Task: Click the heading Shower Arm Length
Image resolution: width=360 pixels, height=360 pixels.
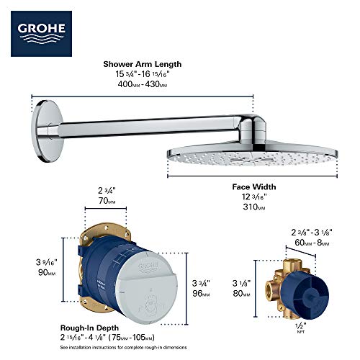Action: click(x=141, y=64)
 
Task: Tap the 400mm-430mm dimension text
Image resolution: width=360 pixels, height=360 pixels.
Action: click(x=142, y=85)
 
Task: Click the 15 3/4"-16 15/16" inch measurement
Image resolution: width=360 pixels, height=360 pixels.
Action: click(x=142, y=75)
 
